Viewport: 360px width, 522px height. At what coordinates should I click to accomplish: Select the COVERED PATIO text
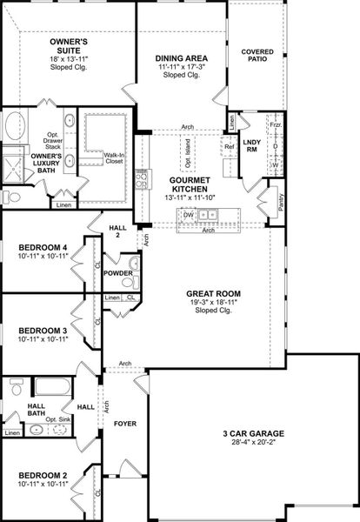(257, 56)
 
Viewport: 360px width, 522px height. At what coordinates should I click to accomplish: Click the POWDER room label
(117, 273)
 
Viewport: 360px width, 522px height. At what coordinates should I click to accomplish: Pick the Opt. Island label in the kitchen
(188, 158)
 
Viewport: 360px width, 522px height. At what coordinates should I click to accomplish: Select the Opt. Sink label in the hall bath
(57, 419)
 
